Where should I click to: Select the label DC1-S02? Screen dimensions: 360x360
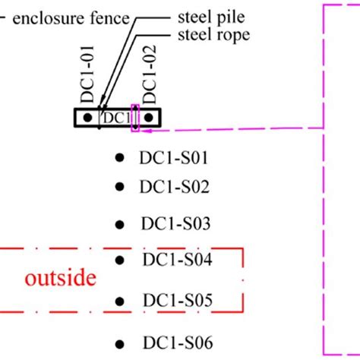(174, 187)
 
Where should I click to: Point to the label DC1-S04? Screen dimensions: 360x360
(177, 261)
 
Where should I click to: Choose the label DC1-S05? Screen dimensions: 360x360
(177, 299)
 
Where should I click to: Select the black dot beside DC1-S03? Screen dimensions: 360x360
(119, 224)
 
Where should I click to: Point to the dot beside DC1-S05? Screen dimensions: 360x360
(119, 300)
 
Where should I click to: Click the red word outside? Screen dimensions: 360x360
(61, 278)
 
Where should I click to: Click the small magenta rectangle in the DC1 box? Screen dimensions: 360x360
(136, 118)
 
